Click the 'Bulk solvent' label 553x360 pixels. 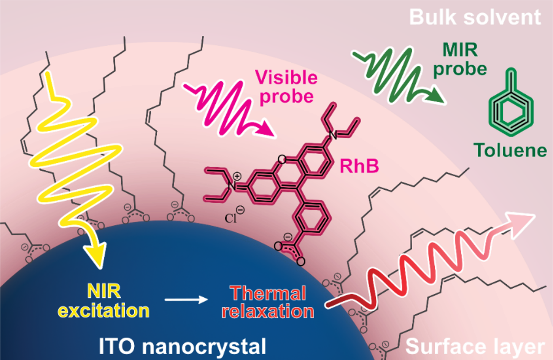[475, 17]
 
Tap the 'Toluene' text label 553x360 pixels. [510, 150]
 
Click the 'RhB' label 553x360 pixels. [359, 166]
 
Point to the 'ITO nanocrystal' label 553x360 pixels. [183, 346]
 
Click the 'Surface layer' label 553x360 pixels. [475, 347]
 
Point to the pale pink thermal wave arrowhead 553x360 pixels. [521, 225]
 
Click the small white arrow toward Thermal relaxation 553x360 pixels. [186, 300]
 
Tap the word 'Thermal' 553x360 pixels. [268, 293]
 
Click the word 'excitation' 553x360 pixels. [104, 311]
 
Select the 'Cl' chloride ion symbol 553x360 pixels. [230, 218]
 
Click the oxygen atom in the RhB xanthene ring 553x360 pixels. [282, 160]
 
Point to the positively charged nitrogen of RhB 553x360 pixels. [231, 186]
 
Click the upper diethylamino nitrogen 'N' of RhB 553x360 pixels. [333, 135]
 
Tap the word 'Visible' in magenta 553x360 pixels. [286, 77]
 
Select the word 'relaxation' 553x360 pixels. [268, 311]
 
